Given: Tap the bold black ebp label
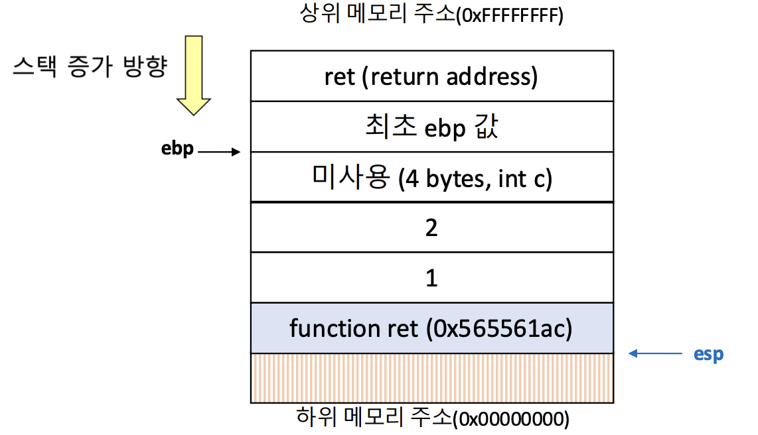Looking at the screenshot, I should pyautogui.click(x=178, y=149).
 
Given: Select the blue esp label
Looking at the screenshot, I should pyautogui.click(x=709, y=354).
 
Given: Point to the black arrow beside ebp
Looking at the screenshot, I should pyautogui.click(x=219, y=153).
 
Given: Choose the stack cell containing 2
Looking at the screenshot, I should pyautogui.click(x=431, y=227).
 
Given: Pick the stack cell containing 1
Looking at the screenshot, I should pyautogui.click(x=431, y=278).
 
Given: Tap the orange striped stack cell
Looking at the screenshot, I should pyautogui.click(x=431, y=378).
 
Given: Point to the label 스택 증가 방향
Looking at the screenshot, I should pyautogui.click(x=90, y=68).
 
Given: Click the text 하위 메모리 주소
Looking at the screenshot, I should pyautogui.click(x=372, y=418).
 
